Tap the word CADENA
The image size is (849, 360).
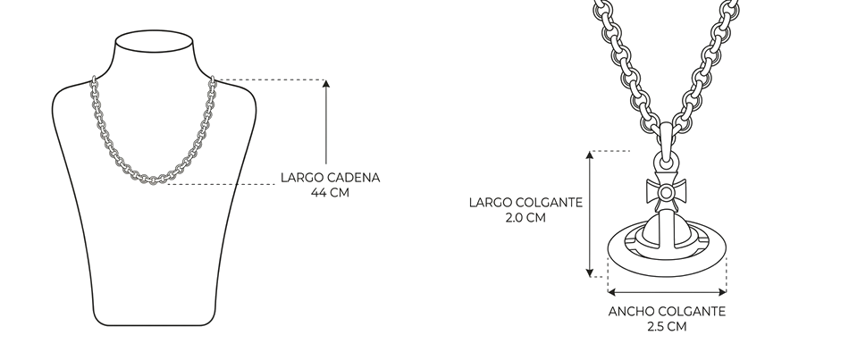(354, 178)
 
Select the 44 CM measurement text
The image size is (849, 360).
(330, 193)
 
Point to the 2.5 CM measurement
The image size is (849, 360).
(667, 327)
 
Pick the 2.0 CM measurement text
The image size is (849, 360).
(525, 218)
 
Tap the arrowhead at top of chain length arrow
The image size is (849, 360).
(326, 83)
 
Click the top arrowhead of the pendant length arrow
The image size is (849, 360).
(590, 155)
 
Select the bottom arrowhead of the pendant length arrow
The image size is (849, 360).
(590, 272)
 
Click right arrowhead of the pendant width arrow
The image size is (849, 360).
(722, 292)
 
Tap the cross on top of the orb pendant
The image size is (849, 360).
(666, 193)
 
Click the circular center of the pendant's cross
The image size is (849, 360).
(666, 193)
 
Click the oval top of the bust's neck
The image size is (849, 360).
(155, 41)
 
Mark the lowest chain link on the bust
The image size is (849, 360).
(153, 180)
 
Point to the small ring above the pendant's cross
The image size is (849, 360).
(666, 162)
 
